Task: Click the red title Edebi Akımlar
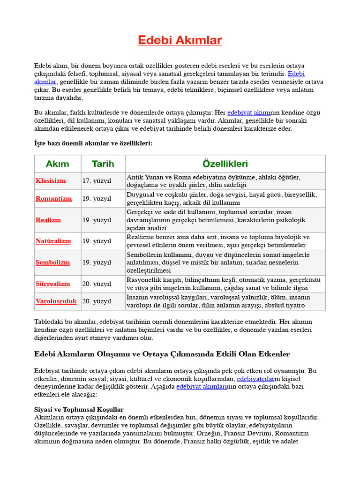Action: [x=180, y=40]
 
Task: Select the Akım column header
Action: [x=57, y=164]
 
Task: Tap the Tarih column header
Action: [x=103, y=164]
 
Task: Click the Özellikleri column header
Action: [x=225, y=164]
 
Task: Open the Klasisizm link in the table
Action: [x=51, y=181]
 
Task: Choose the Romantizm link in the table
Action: [x=54, y=198]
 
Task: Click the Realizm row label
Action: [x=48, y=220]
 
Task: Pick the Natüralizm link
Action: [x=53, y=241]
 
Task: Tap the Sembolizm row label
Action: [x=52, y=262]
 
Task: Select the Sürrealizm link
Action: [x=53, y=284]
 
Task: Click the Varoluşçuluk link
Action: [x=56, y=301]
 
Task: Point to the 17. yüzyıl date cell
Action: [x=97, y=181]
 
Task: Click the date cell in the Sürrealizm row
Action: [x=97, y=284]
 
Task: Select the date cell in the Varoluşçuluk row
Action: [x=97, y=301]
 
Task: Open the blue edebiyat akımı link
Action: [x=249, y=112]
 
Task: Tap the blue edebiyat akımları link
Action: [x=202, y=387]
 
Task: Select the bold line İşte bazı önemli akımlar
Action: [x=93, y=143]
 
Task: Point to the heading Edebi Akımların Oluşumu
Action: [x=162, y=354]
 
